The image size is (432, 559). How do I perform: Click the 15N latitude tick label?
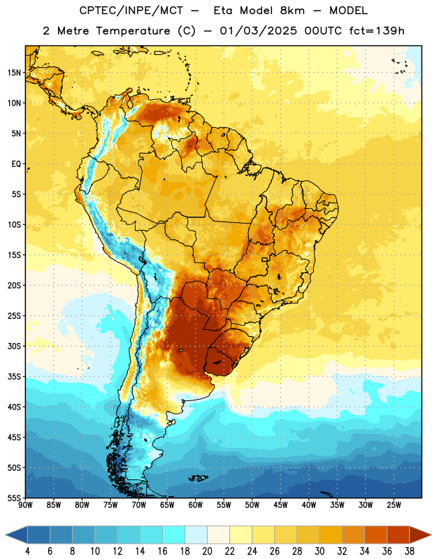click(14, 73)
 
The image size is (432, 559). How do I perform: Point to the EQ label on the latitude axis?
click(16, 164)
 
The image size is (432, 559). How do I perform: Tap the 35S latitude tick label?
click(14, 377)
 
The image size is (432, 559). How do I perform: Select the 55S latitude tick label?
click(14, 498)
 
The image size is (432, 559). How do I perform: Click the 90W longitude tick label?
click(26, 505)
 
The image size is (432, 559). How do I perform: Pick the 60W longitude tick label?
click(196, 505)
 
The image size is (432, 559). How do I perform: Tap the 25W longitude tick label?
click(394, 505)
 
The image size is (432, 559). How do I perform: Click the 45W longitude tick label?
click(281, 505)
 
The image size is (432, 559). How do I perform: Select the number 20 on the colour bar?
click(207, 551)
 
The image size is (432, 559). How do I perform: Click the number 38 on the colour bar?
click(410, 551)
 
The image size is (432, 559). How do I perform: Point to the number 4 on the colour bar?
click(27, 551)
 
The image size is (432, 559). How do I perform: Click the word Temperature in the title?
click(133, 31)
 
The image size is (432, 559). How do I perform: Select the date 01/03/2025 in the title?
click(258, 31)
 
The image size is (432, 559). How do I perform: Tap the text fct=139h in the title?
click(377, 31)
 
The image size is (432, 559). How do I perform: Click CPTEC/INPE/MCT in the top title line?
click(131, 10)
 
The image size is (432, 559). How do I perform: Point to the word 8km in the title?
click(293, 10)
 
